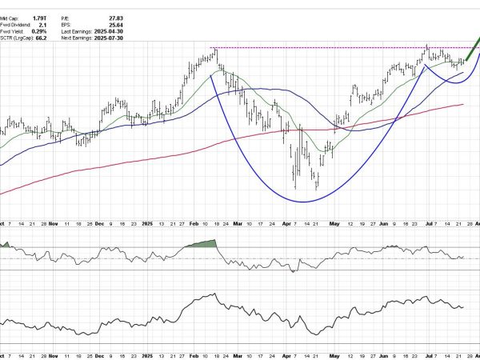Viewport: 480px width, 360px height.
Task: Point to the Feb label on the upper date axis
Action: [x=194, y=226]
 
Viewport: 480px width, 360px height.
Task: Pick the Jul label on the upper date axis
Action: [x=426, y=226]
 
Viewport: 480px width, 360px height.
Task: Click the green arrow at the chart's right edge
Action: [x=473, y=46]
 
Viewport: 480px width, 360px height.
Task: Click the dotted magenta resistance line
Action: [x=320, y=48]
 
